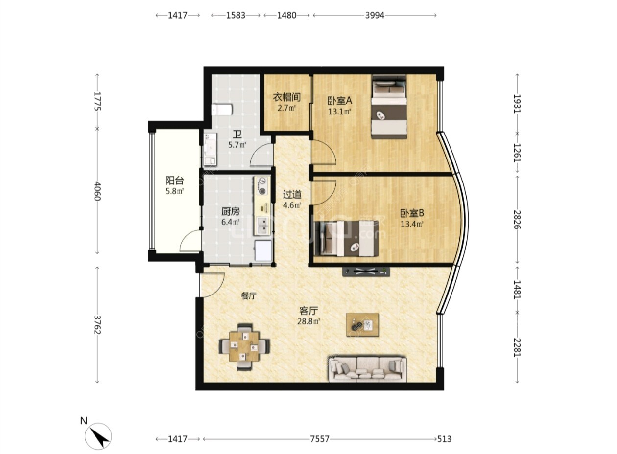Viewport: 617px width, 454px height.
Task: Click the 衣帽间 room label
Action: pyautogui.click(x=286, y=97)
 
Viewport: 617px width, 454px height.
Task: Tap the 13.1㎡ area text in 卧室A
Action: pyautogui.click(x=339, y=112)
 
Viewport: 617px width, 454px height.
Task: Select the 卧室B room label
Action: pyautogui.click(x=412, y=213)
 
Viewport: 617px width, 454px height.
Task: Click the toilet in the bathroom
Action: pyautogui.click(x=222, y=110)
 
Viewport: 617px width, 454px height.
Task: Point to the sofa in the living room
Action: pyautogui.click(x=368, y=369)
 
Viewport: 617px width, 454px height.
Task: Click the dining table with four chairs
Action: pyautogui.click(x=244, y=346)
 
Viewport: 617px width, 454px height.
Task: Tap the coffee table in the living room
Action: pyautogui.click(x=362, y=325)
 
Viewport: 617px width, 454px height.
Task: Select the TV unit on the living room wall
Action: pyautogui.click(x=366, y=272)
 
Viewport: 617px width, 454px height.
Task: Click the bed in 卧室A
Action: pyautogui.click(x=389, y=107)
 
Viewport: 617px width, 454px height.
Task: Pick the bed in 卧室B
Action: pyautogui.click(x=346, y=238)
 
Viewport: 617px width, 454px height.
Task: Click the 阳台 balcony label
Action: pyautogui.click(x=175, y=181)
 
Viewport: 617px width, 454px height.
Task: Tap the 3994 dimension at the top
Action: pyautogui.click(x=375, y=15)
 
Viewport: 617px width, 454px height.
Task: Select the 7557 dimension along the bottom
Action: pyautogui.click(x=319, y=439)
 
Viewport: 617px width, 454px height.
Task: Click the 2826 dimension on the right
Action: pyautogui.click(x=517, y=220)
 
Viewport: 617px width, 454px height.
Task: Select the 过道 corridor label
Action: pyautogui.click(x=292, y=195)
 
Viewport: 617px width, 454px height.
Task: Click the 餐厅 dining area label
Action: pyautogui.click(x=249, y=296)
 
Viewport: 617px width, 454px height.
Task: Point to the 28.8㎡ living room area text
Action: pyautogui.click(x=308, y=321)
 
